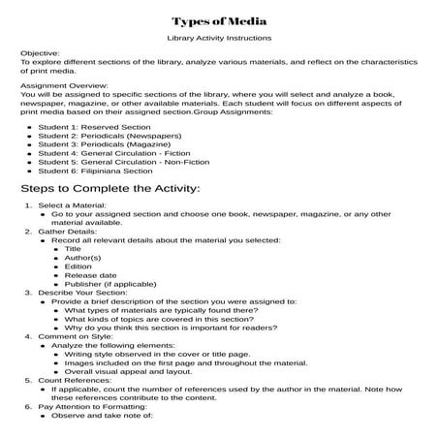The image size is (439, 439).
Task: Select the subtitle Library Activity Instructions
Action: click(x=219, y=39)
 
